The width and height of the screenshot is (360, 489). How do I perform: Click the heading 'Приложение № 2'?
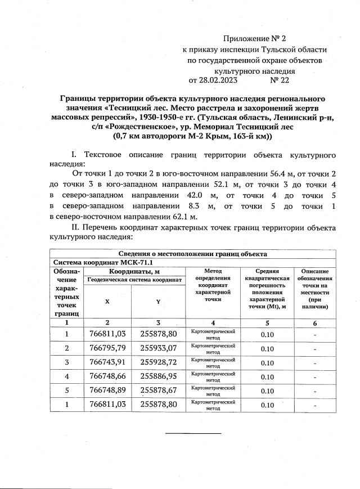click(255, 39)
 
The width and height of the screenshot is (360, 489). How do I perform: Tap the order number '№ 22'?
click(280, 80)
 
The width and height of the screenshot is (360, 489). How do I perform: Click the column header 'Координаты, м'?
click(134, 271)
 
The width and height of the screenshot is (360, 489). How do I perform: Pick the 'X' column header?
click(107, 301)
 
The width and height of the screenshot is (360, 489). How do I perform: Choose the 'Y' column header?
click(158, 301)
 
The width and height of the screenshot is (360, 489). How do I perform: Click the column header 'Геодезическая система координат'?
click(134, 279)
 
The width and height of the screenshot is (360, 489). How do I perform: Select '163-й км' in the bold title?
click(253, 136)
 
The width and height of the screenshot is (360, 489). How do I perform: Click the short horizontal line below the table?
click(193, 433)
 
